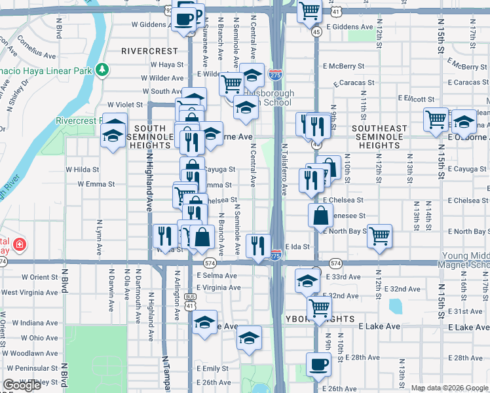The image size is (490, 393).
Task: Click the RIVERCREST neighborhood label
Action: (149, 50)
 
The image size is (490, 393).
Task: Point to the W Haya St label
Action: (166, 65)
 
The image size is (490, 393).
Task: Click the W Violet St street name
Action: (124, 104)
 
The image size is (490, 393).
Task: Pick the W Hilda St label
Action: (82, 169)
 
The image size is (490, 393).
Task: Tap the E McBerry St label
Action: (343, 66)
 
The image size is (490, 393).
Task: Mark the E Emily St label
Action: (212, 369)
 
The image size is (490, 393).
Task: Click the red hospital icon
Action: (20, 244)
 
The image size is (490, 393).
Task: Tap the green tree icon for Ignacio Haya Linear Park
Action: (102, 69)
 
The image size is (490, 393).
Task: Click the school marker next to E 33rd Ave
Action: (307, 280)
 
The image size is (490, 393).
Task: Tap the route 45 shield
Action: (316, 31)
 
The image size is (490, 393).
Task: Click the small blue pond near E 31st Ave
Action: (395, 306)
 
